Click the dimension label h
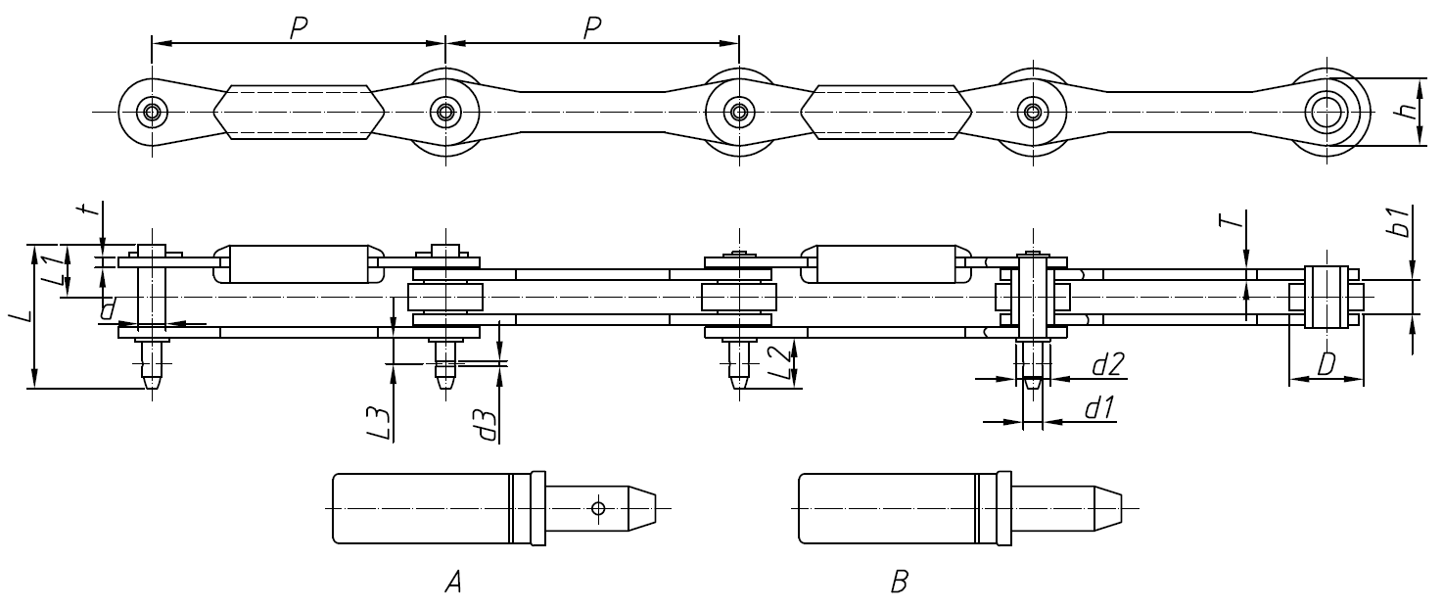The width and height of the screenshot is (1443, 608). (x=1409, y=112)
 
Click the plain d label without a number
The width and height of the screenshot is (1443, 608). (x=108, y=310)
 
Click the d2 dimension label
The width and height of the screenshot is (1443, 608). (x=1106, y=365)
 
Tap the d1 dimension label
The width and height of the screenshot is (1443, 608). (x=1100, y=407)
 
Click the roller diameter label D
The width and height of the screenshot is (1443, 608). (x=1327, y=365)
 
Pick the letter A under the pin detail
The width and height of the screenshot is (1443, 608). (x=452, y=584)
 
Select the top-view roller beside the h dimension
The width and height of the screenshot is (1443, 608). (x=1327, y=112)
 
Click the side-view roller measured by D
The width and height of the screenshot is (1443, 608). (x=1327, y=296)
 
